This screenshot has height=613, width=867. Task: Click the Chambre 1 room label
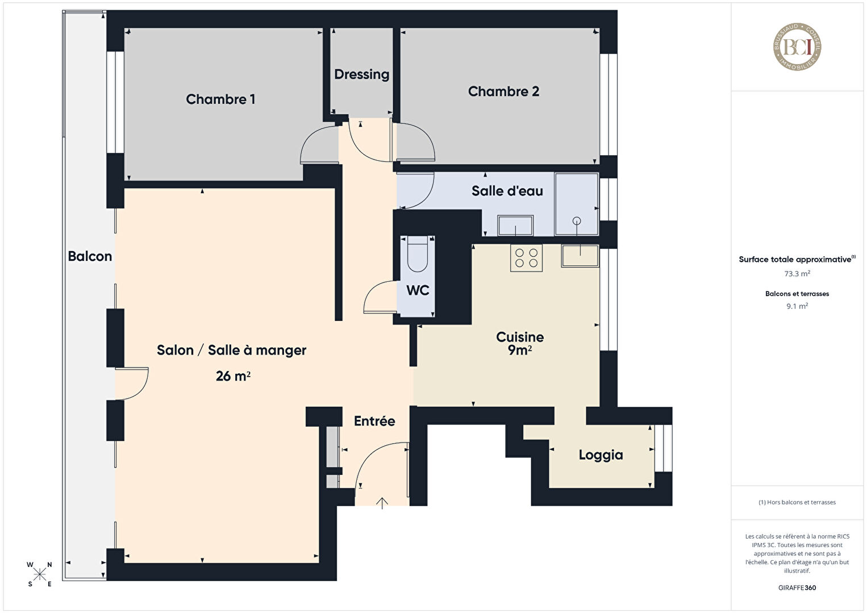click(220, 99)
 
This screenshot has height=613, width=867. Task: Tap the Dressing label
click(361, 74)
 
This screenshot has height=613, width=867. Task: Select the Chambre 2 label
click(503, 91)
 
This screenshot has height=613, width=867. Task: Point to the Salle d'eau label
click(507, 191)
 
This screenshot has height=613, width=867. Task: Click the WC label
click(418, 290)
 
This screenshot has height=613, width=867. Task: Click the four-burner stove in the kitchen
click(526, 258)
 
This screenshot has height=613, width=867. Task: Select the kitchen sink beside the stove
click(580, 256)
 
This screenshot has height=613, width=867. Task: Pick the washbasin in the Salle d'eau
click(515, 225)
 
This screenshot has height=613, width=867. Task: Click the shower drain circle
click(577, 221)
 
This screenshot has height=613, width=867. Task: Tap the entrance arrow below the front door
click(382, 503)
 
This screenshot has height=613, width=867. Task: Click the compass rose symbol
click(39, 574)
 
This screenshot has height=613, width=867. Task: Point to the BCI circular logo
click(797, 47)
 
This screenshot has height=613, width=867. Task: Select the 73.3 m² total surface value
click(797, 274)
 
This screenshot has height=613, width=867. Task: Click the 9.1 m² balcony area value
click(797, 306)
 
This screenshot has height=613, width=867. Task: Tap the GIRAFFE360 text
click(797, 587)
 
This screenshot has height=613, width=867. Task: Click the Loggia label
click(601, 455)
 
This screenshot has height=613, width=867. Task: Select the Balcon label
click(90, 256)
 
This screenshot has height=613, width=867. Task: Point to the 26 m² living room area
click(233, 376)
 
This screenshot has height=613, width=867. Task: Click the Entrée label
click(374, 420)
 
